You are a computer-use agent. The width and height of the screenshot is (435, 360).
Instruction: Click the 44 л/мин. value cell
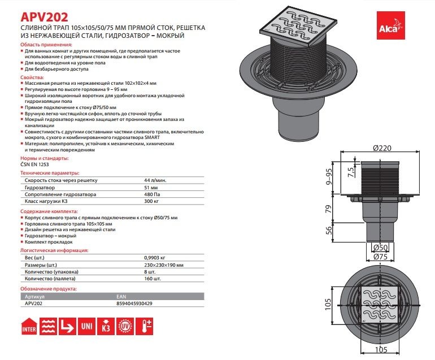(x=156, y=180)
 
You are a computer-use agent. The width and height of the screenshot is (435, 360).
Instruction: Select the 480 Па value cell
(x=151, y=194)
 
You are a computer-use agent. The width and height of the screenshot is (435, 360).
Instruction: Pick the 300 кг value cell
(x=151, y=201)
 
